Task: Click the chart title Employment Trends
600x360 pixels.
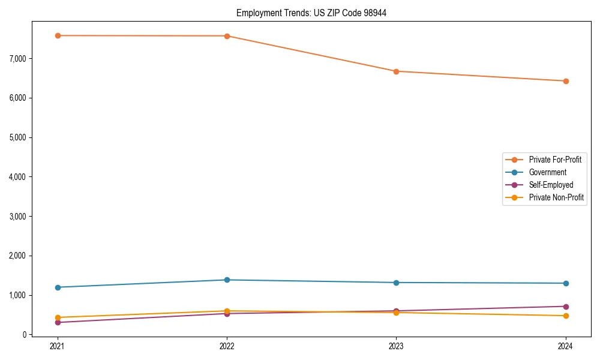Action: click(x=311, y=13)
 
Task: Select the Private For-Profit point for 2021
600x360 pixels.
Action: click(x=58, y=35)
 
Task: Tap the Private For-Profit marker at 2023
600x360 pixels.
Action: click(x=396, y=71)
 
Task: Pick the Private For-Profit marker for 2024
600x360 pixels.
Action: click(x=566, y=81)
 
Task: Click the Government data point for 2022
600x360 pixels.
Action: click(x=227, y=280)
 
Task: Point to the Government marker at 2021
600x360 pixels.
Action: click(x=58, y=287)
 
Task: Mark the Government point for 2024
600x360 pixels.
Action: click(x=566, y=283)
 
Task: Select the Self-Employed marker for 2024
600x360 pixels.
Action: click(x=566, y=307)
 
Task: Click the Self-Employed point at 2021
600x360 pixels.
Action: click(x=58, y=322)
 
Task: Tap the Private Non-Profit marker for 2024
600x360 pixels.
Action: click(x=566, y=316)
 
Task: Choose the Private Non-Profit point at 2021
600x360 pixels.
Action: click(x=58, y=317)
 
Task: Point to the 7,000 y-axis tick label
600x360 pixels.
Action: click(x=18, y=58)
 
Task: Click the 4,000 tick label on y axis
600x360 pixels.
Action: click(x=18, y=177)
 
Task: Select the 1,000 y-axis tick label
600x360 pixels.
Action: click(x=18, y=295)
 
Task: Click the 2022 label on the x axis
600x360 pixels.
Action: click(x=227, y=346)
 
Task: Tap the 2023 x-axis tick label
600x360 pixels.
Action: click(x=396, y=346)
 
